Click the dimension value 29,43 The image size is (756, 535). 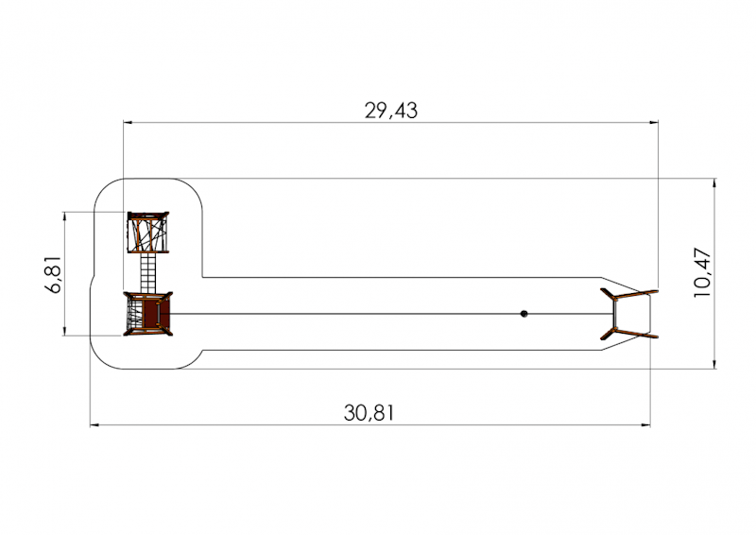390,111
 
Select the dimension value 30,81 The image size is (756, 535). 369,413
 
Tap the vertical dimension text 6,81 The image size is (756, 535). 54,274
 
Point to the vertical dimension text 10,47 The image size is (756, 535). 702,272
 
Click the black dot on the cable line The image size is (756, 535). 524,314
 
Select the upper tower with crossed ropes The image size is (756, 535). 148,232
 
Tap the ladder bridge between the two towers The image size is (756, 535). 148,272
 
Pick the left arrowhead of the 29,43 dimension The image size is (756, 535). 128,123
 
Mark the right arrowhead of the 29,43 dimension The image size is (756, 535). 654,123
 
